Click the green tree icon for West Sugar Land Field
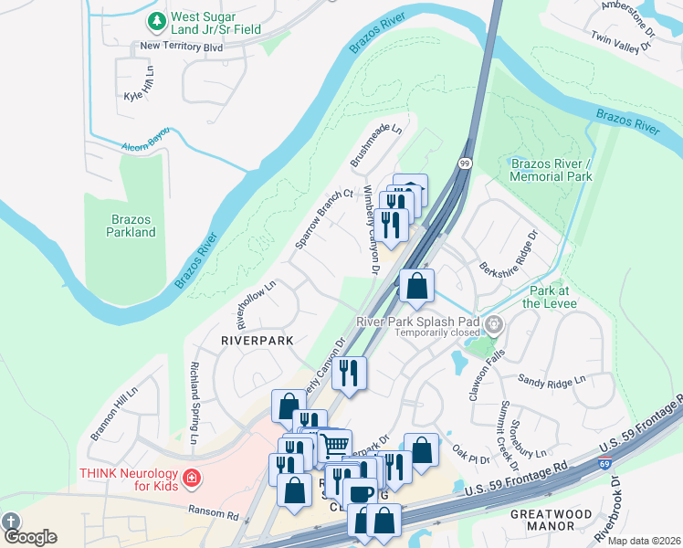[157, 19]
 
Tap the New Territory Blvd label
[181, 46]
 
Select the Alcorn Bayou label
[146, 146]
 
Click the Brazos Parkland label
[130, 226]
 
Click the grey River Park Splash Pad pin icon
[495, 323]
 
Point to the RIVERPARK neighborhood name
[257, 340]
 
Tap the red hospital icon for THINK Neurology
[191, 478]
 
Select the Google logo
[29, 537]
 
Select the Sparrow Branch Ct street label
[324, 220]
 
